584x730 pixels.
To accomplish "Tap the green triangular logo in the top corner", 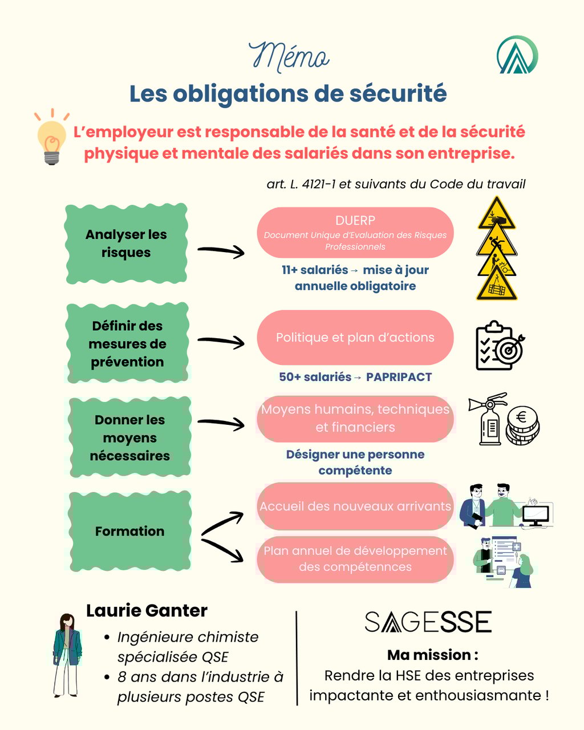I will pos(517,55).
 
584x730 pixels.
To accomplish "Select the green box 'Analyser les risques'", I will pos(126,244).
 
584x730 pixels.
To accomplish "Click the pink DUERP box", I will pos(355,233).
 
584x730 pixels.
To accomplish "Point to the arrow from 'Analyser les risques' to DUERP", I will pos(221,250).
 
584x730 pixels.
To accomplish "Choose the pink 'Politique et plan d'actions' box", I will pos(355,338).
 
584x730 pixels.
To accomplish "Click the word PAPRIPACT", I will pos(399,377).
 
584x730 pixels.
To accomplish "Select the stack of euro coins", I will pos(522,425).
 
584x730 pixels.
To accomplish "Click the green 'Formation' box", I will pos(129,531).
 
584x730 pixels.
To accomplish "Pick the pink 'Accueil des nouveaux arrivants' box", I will pos(355,506).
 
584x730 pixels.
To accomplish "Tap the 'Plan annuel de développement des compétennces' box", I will pos(355,559).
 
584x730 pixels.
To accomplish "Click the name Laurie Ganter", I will pos(147,611).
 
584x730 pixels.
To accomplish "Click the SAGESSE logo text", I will pos(428,622).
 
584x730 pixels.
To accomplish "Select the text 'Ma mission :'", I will pos(432,655).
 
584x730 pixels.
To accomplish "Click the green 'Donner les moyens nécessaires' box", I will pos(129,437).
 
